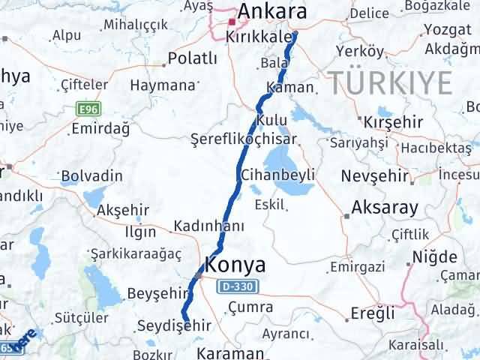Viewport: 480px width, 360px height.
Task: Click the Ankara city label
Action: [272, 12]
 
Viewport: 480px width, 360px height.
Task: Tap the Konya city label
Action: [235, 265]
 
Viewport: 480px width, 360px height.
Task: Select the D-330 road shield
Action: [238, 286]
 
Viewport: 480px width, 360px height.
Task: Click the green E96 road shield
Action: [88, 109]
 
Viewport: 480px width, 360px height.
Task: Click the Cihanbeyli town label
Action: [277, 175]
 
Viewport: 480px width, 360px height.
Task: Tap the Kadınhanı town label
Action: [209, 226]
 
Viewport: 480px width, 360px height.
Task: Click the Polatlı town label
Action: [192, 58]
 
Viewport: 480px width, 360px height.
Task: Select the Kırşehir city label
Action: [389, 122]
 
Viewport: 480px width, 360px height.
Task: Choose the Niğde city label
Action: [434, 258]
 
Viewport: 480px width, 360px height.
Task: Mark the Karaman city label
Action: [232, 352]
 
